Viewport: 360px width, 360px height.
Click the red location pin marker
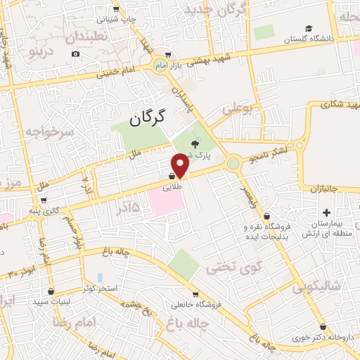click(181, 166)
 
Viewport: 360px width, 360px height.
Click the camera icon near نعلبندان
click(76, 54)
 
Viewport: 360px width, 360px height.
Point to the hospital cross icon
click(326, 212)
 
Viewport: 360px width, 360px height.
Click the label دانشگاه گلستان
click(307, 40)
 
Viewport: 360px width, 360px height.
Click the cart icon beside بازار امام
click(167, 54)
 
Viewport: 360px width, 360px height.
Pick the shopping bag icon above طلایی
click(172, 176)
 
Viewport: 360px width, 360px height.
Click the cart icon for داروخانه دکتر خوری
click(322, 327)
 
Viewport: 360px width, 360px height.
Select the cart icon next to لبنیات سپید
click(51, 290)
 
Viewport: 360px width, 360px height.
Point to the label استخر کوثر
click(98, 288)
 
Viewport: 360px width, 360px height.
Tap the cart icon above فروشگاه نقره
click(266, 215)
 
